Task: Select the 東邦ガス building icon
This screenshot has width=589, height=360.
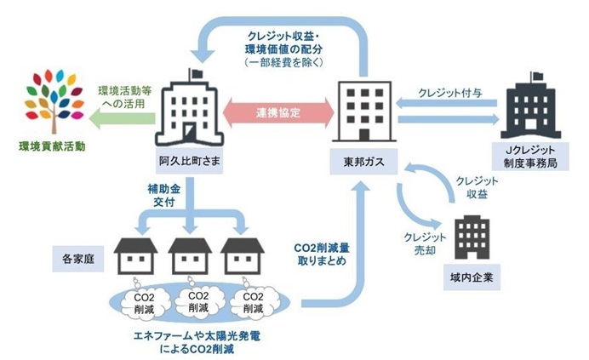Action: (365, 110)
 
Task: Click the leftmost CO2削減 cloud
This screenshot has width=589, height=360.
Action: (140, 300)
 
